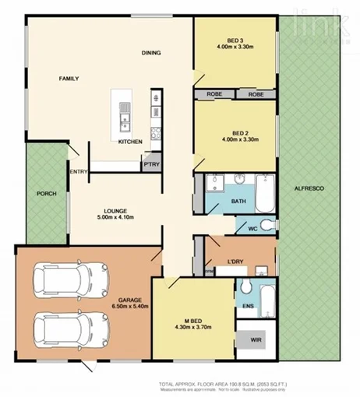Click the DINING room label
click(x=151, y=53)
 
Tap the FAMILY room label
click(x=71, y=79)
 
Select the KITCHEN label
click(x=129, y=142)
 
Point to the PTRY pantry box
click(x=150, y=165)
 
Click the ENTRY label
click(x=79, y=172)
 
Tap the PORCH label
click(x=46, y=195)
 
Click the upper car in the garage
click(x=71, y=279)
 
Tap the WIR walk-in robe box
click(x=255, y=340)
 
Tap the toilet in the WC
click(x=266, y=227)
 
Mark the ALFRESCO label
click(x=309, y=190)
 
